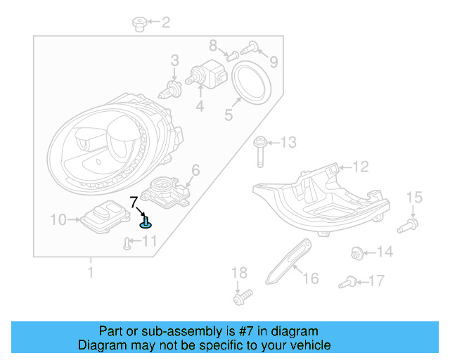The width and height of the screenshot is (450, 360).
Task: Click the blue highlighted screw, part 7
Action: tap(146, 223)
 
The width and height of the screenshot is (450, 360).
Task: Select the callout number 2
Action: tap(165, 23)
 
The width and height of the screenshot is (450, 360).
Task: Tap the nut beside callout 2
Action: tap(139, 25)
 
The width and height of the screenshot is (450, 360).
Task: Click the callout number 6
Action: tap(195, 169)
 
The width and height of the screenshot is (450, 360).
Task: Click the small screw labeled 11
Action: tap(126, 243)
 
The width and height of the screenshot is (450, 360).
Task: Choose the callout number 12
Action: tap(360, 167)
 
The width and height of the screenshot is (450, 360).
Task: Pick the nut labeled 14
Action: tap(356, 252)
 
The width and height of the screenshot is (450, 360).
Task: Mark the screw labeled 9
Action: tap(252, 48)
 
